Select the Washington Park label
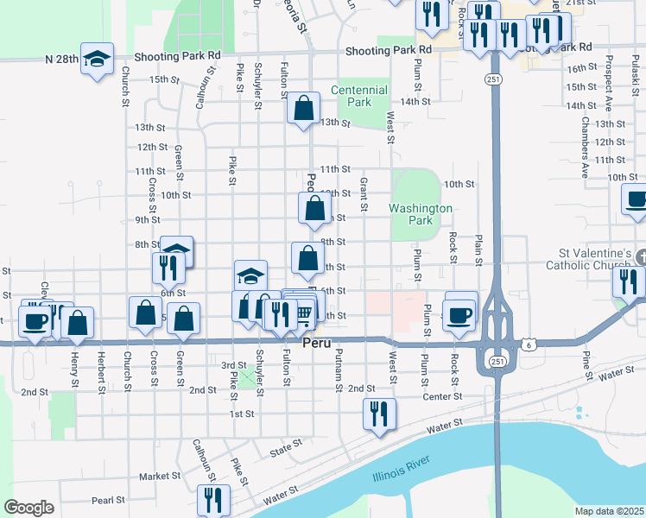pyautogui.click(x=421, y=214)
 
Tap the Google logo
pyautogui.click(x=28, y=508)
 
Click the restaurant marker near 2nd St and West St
pyautogui.click(x=379, y=414)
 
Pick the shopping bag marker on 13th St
pyautogui.click(x=303, y=109)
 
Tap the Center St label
pyautogui.click(x=444, y=397)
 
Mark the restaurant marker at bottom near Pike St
pyautogui.click(x=212, y=500)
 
